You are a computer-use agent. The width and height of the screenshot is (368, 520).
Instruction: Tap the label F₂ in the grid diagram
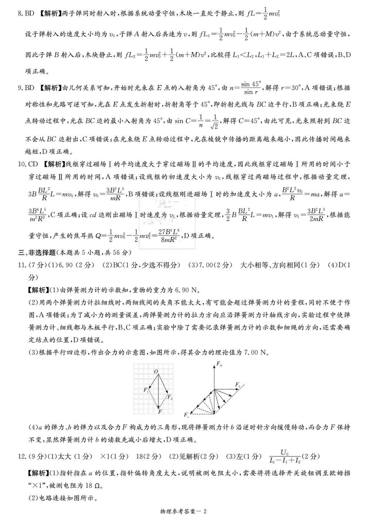pos(170,398)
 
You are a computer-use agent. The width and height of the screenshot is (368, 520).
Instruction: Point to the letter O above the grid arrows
pos(156,372)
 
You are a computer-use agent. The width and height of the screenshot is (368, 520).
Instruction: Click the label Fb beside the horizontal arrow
pos(238,384)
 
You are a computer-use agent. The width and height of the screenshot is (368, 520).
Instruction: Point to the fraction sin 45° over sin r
pos(251,88)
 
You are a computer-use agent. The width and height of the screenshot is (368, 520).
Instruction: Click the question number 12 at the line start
pos(22,457)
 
